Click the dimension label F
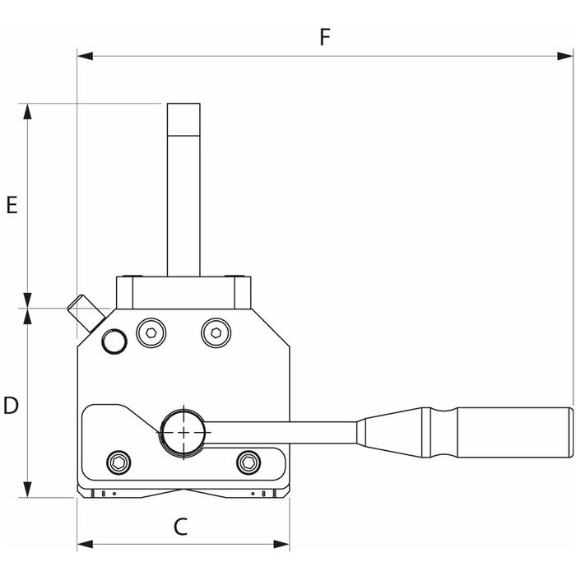point(325,37)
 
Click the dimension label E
point(12,205)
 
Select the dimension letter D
point(11,406)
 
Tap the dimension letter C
point(180,527)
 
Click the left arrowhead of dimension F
point(85,56)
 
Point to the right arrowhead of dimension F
point(565,56)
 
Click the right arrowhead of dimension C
point(281,544)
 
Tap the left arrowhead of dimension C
point(85,544)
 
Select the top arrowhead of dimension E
point(27,111)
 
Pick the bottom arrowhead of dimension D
point(27,490)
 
